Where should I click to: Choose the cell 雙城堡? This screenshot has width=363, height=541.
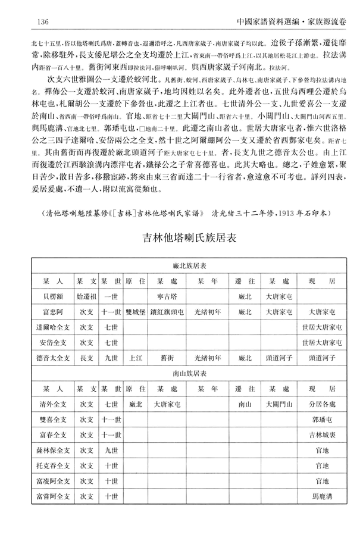point(136,311)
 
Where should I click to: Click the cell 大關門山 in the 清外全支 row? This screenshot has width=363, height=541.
point(278,404)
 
